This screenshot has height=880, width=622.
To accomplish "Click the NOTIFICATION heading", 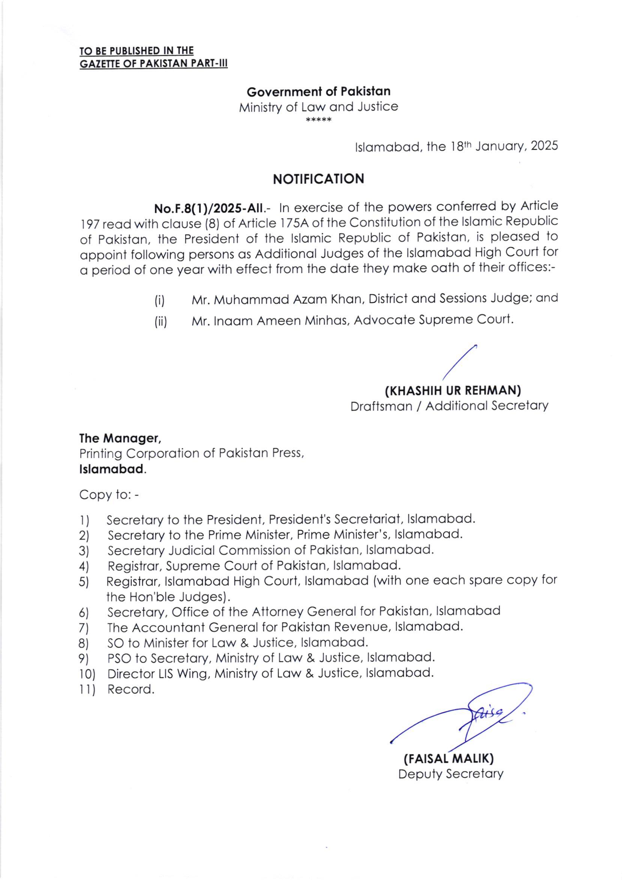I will [318, 179].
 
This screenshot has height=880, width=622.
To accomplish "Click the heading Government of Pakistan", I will [318, 92].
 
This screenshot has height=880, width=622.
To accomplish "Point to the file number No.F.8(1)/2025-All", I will [209, 209].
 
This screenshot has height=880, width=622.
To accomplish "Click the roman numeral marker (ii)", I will [161, 321].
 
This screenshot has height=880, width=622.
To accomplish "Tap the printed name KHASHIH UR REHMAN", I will [452, 391].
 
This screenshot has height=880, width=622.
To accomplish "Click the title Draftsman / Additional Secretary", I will [449, 406].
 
